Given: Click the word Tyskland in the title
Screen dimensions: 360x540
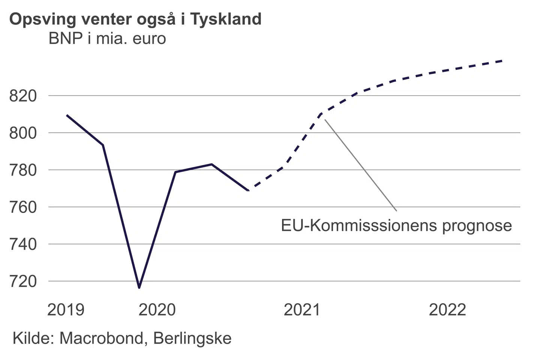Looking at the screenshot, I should [x=226, y=19].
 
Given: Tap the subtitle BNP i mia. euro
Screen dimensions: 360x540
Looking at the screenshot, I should [x=107, y=39].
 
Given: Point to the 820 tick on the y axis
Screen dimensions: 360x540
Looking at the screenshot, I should [x=23, y=96].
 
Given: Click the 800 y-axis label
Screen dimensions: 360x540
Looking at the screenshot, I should [x=23, y=133].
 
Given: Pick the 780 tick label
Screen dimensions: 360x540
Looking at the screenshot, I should [x=23, y=170].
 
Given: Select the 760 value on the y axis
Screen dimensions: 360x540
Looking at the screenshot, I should [x=23, y=207].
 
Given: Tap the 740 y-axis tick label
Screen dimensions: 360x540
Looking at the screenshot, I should [x=23, y=244].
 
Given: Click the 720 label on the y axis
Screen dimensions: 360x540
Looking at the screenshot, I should [x=23, y=281].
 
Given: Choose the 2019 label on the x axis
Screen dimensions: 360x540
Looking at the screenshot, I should [x=66, y=310].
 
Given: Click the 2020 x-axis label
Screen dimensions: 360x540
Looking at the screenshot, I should [x=157, y=310].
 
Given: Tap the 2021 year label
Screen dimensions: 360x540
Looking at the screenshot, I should [x=302, y=310].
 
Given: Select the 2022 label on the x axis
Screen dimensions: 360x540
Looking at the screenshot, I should [x=447, y=310].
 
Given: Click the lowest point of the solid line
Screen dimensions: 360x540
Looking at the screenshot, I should [x=139, y=288].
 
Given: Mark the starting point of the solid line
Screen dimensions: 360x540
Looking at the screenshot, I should [x=67, y=115].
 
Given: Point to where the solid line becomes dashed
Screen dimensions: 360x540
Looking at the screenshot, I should [x=248, y=190].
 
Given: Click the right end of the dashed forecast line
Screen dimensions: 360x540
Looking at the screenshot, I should [x=502, y=61].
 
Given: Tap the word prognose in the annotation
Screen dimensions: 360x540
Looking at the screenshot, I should [x=477, y=226].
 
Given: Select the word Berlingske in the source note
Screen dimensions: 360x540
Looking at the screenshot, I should [x=192, y=338].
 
